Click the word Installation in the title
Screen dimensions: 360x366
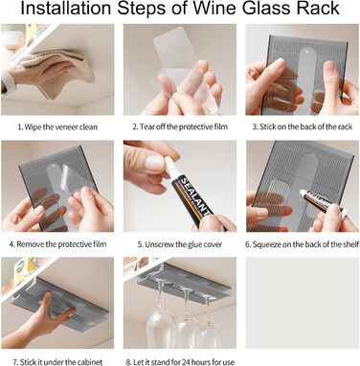coord(66,9)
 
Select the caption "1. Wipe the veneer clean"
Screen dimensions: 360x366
coord(57,127)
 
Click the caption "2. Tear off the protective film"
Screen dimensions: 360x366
coord(180,127)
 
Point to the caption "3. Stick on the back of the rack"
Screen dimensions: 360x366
coord(303,127)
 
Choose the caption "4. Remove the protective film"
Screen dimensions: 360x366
coord(57,244)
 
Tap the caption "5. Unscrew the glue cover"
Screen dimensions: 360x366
coord(180,245)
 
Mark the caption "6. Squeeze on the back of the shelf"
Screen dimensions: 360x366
coord(302,245)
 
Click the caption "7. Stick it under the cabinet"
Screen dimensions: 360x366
coord(57,362)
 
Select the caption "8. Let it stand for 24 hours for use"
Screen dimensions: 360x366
coord(180,362)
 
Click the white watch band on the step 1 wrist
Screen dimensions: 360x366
coord(7,80)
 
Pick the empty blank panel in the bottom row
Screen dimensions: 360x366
coord(302,303)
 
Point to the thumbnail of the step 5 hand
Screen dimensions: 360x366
coord(153,163)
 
